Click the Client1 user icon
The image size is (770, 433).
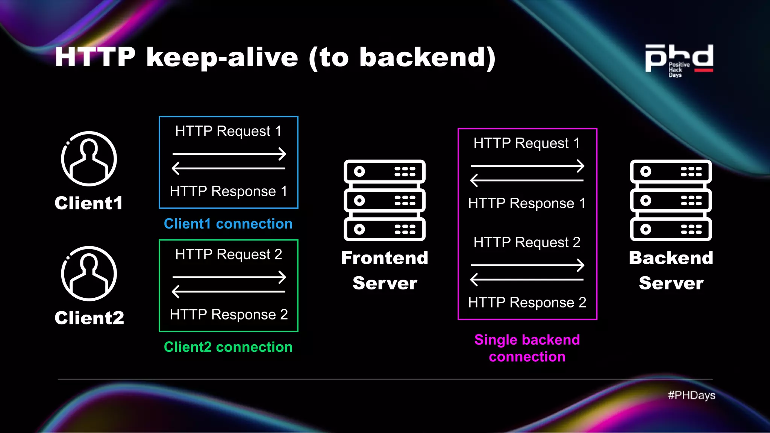click(x=89, y=159)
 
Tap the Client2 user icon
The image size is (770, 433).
click(x=89, y=274)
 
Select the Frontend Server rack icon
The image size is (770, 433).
click(x=384, y=200)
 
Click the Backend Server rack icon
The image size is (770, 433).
click(x=671, y=200)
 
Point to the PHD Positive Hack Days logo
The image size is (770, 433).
click(x=679, y=60)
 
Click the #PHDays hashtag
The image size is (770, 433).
click(x=691, y=395)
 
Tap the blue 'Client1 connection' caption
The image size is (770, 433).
click(x=228, y=224)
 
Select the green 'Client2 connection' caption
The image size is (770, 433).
click(x=228, y=347)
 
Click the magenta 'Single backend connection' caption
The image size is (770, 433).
click(x=527, y=348)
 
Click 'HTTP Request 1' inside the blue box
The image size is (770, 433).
click(x=228, y=131)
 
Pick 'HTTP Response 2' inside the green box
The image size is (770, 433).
click(x=229, y=315)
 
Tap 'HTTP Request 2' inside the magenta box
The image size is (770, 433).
click(x=527, y=242)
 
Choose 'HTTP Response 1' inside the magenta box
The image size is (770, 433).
click(x=527, y=203)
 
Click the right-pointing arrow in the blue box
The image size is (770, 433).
click(x=229, y=154)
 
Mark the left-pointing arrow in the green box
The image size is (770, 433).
click(x=228, y=292)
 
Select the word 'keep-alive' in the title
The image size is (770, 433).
click(x=222, y=58)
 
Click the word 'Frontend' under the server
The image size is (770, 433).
click(x=385, y=258)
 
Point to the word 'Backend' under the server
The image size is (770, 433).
click(x=671, y=258)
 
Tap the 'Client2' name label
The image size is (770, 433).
click(x=89, y=318)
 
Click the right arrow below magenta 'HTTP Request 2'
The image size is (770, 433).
click(x=527, y=265)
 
